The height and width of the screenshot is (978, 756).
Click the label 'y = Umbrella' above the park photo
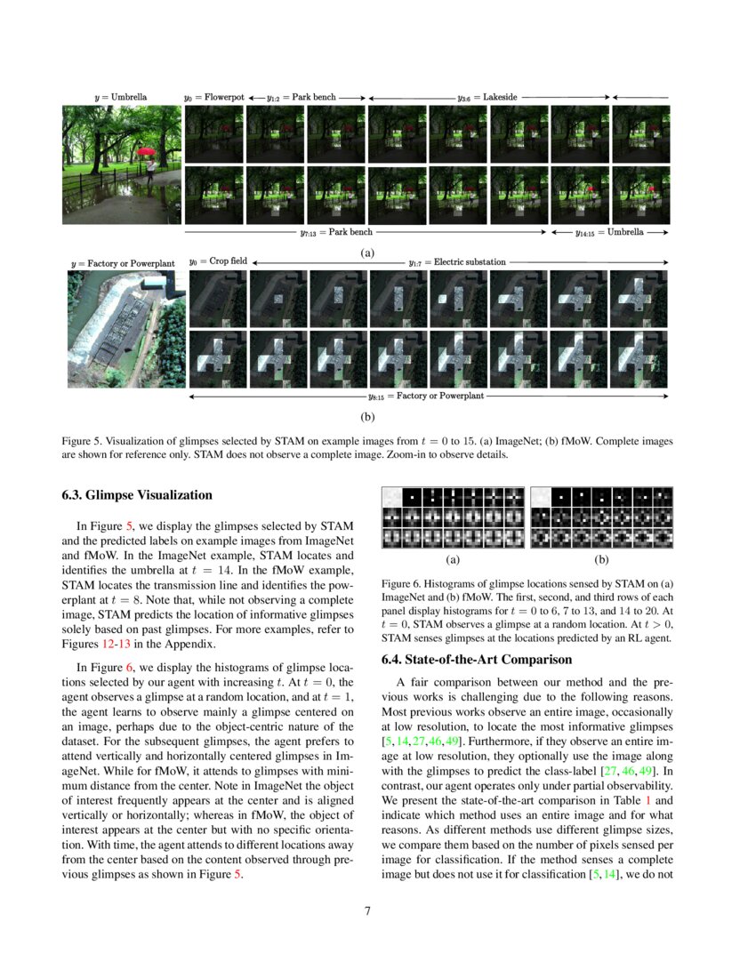point(120,96)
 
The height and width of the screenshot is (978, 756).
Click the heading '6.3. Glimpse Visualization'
point(137,494)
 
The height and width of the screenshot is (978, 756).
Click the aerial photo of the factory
point(126,329)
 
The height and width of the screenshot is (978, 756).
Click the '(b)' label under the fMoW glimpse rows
point(366,414)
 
